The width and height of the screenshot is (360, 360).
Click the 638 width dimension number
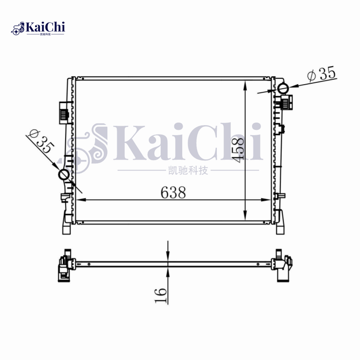click(x=173, y=193)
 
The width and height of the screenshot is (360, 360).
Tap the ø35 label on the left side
click(x=41, y=143)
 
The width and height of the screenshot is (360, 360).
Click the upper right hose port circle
click(x=283, y=88)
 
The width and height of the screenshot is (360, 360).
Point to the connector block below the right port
click(x=286, y=102)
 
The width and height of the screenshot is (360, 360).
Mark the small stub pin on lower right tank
click(x=282, y=196)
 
